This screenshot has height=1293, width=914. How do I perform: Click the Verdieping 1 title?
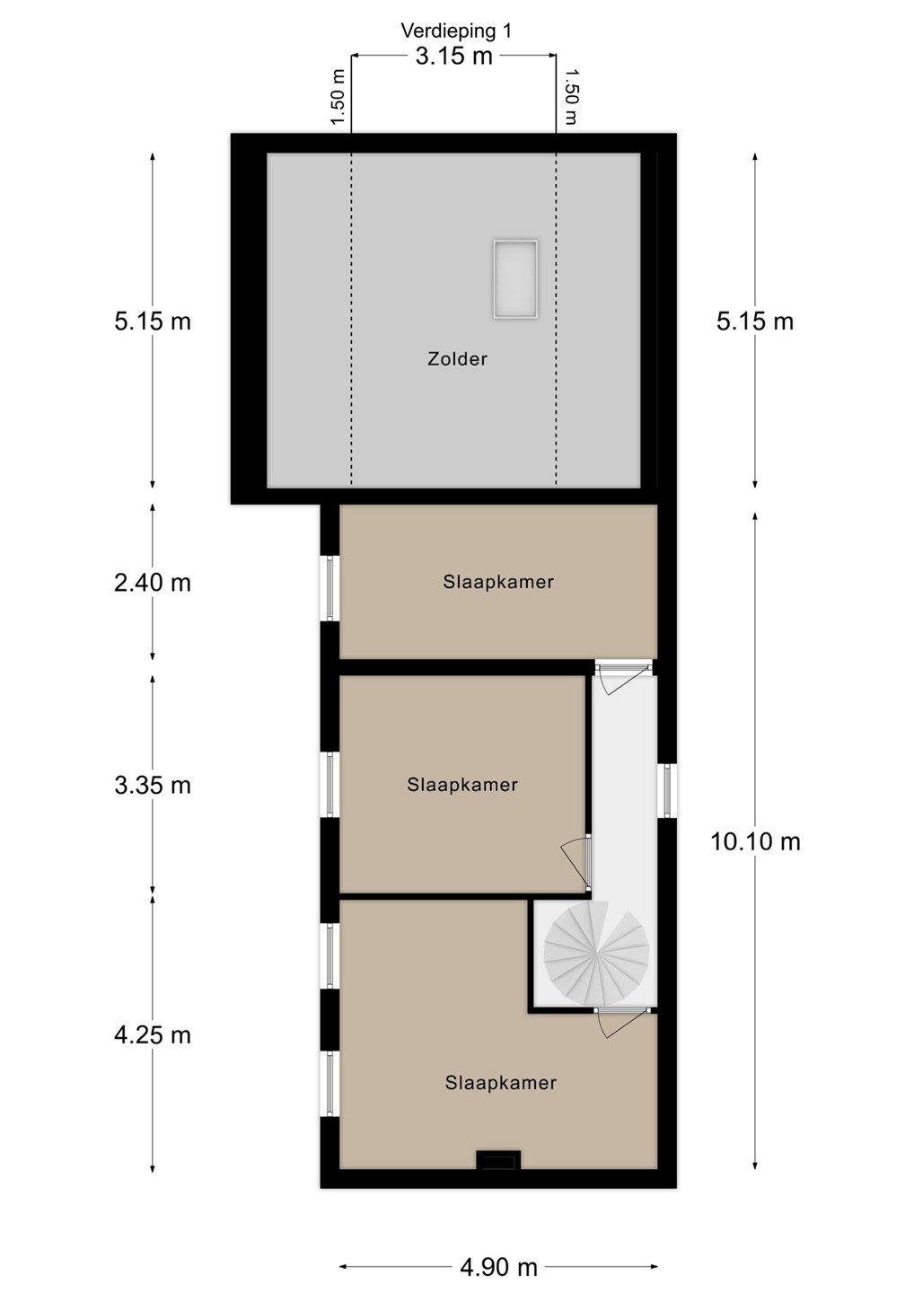click(x=456, y=31)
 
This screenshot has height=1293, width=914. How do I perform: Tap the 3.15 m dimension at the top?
click(x=454, y=57)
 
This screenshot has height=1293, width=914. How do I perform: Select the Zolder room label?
click(x=457, y=359)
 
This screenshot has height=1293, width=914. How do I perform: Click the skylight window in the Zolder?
click(x=515, y=278)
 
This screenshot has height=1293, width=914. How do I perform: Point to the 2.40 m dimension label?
click(x=153, y=583)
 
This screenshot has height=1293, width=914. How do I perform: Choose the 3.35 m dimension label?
click(x=153, y=786)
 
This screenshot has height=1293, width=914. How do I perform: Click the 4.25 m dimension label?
click(x=153, y=1035)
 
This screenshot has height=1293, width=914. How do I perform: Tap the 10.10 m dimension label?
click(x=755, y=842)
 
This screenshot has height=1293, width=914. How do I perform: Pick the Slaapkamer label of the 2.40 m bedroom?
click(x=498, y=582)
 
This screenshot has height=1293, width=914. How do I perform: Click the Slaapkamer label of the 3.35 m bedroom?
click(x=462, y=785)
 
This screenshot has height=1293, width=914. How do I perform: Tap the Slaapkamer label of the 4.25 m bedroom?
click(x=500, y=1083)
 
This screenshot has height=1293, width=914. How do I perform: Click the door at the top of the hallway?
click(x=623, y=677)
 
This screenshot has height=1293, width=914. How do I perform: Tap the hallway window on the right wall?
click(x=667, y=791)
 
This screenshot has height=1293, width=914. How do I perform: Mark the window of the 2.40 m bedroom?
click(x=330, y=588)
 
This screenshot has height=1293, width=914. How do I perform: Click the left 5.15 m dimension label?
click(x=153, y=321)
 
